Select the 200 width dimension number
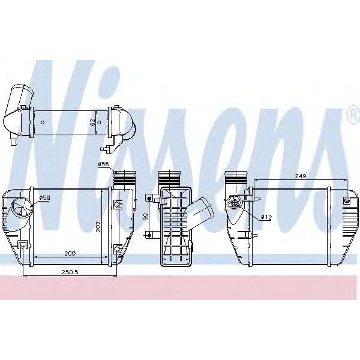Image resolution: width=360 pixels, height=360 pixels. click(x=70, y=254)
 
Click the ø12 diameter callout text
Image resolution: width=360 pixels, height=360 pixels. click(x=266, y=217)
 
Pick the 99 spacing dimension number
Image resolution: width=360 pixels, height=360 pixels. click(x=145, y=217)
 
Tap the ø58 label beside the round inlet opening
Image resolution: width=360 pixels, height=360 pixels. click(x=44, y=197)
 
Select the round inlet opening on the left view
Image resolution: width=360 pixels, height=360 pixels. click(x=23, y=210)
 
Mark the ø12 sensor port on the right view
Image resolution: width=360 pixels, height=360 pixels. click(x=235, y=203)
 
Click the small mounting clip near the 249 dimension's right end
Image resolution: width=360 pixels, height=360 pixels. click(x=347, y=199)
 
